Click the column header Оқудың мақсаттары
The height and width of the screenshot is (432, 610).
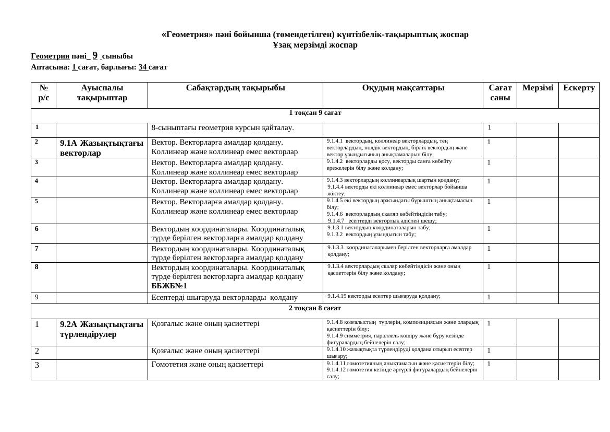[x=403, y=88]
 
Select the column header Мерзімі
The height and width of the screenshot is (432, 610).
[x=538, y=88]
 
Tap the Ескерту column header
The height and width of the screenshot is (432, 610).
[x=579, y=88]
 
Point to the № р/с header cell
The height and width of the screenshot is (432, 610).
[x=44, y=92]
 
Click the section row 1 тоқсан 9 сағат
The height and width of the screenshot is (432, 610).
[x=315, y=113]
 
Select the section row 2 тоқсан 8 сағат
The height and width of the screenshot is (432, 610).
[x=315, y=308]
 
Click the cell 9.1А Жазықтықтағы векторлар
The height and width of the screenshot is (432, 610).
[x=102, y=148]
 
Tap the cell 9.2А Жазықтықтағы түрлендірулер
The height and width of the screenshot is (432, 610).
[x=102, y=329]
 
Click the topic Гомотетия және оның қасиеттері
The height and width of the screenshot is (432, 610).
[x=207, y=365]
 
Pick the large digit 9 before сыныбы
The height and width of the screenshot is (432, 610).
[x=95, y=55]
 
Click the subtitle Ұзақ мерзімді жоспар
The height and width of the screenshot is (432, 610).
[x=315, y=45]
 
